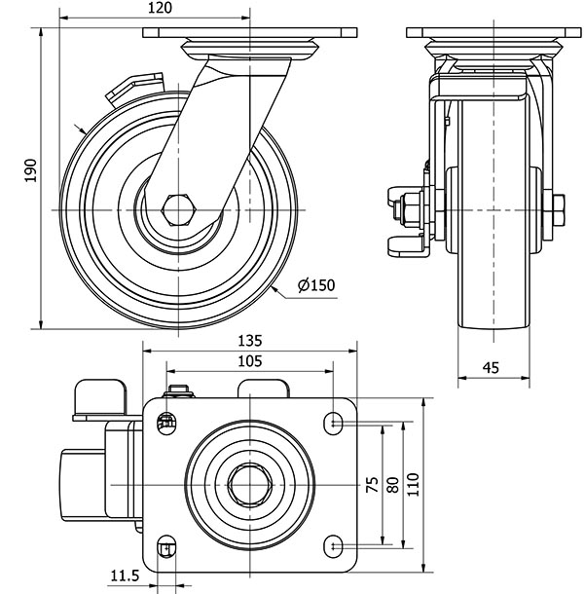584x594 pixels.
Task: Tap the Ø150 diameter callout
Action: (x=315, y=285)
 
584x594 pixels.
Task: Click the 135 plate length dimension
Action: (x=249, y=342)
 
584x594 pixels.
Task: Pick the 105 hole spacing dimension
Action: (x=249, y=361)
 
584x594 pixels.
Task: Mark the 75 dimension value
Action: (x=371, y=485)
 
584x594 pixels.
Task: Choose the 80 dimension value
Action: (x=391, y=485)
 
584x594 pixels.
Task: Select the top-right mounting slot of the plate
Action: (x=335, y=423)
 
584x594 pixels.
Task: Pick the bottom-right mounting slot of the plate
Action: (x=335, y=544)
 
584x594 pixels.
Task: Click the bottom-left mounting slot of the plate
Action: (x=167, y=545)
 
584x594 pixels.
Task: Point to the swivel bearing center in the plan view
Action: (x=250, y=483)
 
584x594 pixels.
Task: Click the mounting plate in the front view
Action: (x=493, y=33)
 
